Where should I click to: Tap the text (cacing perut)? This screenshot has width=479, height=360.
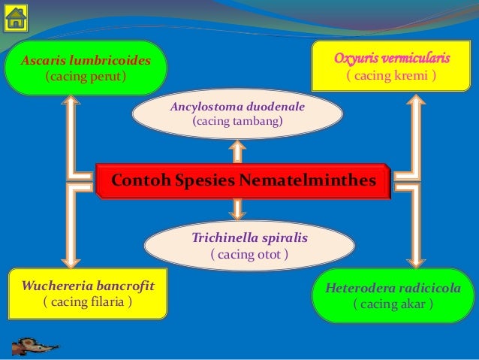coord(86,77)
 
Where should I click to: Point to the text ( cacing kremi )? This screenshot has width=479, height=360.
coord(392,76)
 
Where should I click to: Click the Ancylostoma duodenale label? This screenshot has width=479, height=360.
coord(237,107)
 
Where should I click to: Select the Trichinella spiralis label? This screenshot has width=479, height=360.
coord(250,237)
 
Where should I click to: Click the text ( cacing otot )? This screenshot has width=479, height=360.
coord(249,254)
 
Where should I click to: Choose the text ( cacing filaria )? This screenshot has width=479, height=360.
coord(87,302)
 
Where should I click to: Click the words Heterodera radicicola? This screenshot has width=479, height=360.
coord(393,288)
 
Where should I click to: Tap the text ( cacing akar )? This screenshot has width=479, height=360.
coord(393,304)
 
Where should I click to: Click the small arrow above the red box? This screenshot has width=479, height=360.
coord(236,150)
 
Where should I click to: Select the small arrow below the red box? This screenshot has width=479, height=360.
coord(238,210)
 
